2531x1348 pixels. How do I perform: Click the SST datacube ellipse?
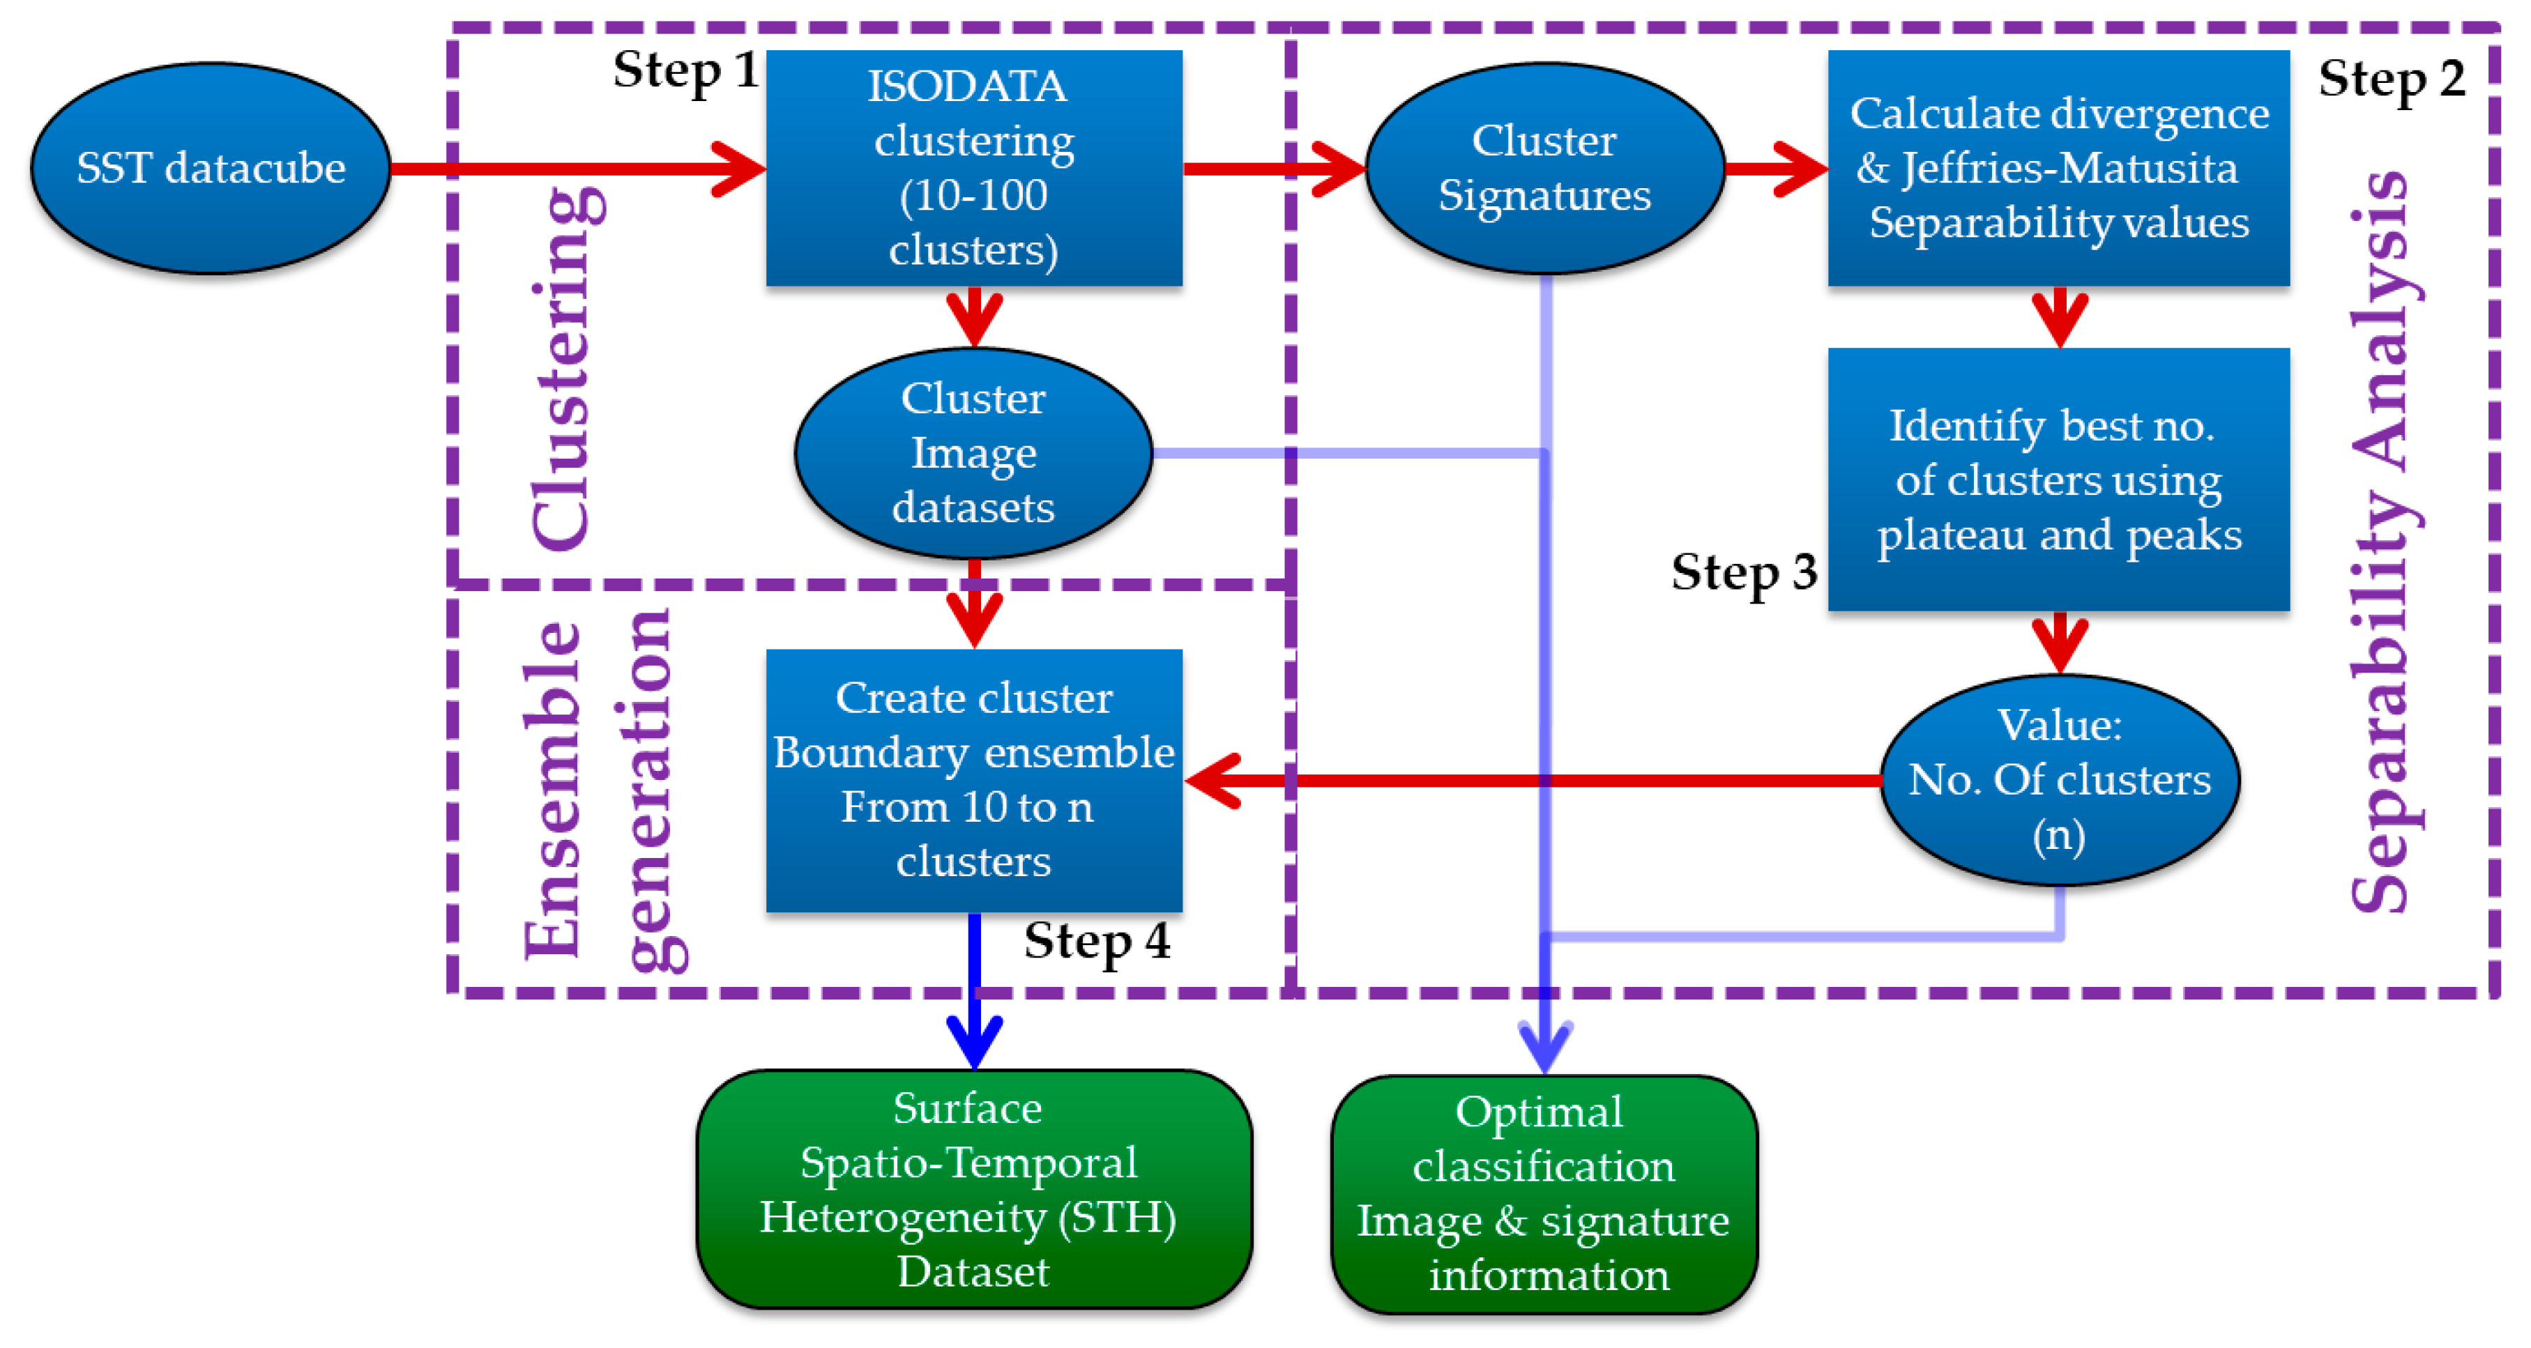pos(211,168)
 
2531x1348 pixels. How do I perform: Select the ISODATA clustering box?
pos(973,168)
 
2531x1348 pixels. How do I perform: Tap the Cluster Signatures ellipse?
pos(1544,168)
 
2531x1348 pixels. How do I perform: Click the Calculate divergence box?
pos(2058,168)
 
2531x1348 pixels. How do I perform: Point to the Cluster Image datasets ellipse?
pos(973,453)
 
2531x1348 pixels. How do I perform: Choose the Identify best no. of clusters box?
pos(2058,480)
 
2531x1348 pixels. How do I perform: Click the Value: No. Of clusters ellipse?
pos(2060,779)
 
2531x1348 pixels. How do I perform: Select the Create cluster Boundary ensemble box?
pos(973,779)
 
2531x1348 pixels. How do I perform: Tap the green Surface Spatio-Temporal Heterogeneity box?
pos(973,1189)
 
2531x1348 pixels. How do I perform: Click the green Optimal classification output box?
pos(1544,1194)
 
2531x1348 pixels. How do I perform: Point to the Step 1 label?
pos(685,70)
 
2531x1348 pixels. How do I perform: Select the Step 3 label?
pos(1743,572)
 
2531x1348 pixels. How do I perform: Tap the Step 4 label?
pos(1097,941)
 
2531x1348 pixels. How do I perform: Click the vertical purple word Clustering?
pos(564,369)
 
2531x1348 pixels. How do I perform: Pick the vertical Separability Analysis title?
pos(2382,540)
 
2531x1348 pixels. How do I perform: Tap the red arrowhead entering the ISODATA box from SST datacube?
pos(739,169)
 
